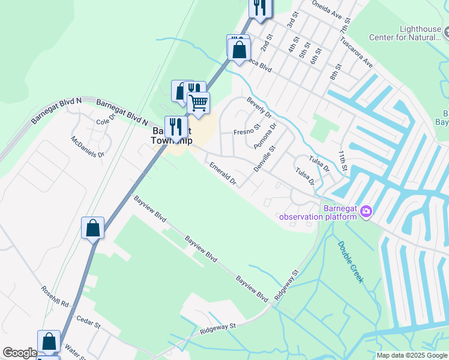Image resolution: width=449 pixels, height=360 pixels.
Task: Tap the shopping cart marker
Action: [x=199, y=103]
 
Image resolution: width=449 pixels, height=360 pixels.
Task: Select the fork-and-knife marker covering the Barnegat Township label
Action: [x=176, y=127]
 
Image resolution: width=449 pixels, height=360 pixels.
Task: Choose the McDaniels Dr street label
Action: [x=88, y=146]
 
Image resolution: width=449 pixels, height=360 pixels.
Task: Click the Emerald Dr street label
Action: [x=222, y=173]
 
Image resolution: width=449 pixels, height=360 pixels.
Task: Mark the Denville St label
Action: [x=264, y=158]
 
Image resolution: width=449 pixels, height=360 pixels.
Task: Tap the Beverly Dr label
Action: [x=259, y=108]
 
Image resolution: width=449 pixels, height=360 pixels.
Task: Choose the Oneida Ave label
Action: [x=327, y=9]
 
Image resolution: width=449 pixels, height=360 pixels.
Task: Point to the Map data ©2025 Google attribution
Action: [x=412, y=355]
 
